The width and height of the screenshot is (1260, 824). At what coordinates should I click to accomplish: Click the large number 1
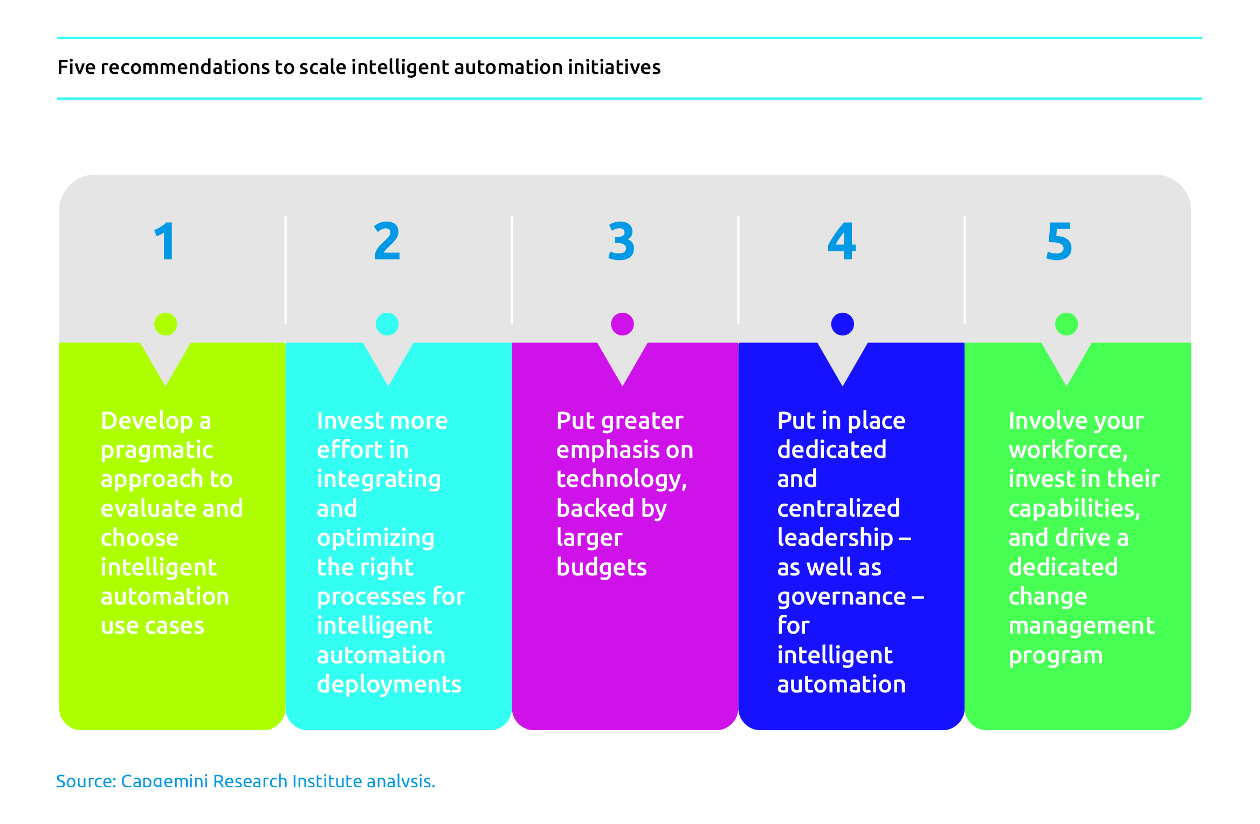point(165,241)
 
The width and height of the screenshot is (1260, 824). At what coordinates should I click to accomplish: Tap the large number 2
point(387,241)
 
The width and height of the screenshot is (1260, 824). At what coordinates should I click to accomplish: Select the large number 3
point(621,241)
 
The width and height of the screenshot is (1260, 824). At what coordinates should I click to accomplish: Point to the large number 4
point(842,241)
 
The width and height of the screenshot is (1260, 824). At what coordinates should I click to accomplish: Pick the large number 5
point(1059,241)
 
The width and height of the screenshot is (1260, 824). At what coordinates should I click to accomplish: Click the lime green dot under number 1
point(166,324)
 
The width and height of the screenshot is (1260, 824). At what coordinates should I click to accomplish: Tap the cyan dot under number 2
point(387,324)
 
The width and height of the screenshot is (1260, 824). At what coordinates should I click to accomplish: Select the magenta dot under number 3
point(622,324)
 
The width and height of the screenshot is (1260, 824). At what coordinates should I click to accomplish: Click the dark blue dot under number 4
point(843,324)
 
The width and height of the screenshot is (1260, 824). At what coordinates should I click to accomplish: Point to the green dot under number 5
point(1066,324)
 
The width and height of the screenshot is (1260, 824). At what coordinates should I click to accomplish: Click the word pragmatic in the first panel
point(157,451)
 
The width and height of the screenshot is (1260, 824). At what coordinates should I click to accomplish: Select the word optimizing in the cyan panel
point(376,539)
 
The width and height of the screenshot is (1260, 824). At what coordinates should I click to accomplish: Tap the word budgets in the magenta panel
point(602,567)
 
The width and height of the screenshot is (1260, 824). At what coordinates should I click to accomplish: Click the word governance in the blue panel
point(842,598)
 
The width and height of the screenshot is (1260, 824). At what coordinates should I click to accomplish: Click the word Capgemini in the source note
point(164,781)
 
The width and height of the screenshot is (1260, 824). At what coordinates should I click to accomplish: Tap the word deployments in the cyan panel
point(389,685)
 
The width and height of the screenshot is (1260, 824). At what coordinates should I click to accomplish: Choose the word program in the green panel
point(1056,656)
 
